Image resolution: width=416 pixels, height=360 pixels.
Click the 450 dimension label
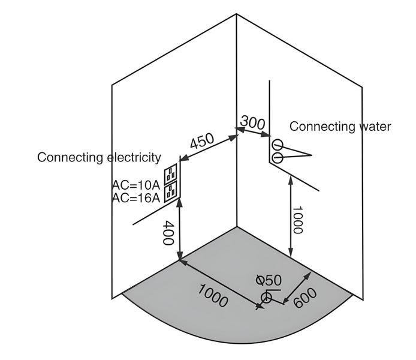point(202,142)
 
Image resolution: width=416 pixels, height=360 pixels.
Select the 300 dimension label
point(252,122)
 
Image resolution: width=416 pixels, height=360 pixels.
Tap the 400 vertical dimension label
point(168,232)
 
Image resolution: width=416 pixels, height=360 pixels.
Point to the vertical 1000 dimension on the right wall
point(298,220)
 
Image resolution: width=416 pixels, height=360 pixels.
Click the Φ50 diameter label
point(269,280)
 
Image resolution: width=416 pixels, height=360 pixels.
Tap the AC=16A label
point(136,197)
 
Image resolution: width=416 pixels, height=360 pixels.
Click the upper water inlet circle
point(278,145)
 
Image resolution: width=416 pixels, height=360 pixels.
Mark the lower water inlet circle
point(278,157)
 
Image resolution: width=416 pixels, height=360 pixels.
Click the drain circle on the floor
point(266,298)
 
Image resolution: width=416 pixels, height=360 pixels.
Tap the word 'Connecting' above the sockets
point(70,157)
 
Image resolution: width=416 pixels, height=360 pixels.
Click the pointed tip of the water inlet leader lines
point(312,155)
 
